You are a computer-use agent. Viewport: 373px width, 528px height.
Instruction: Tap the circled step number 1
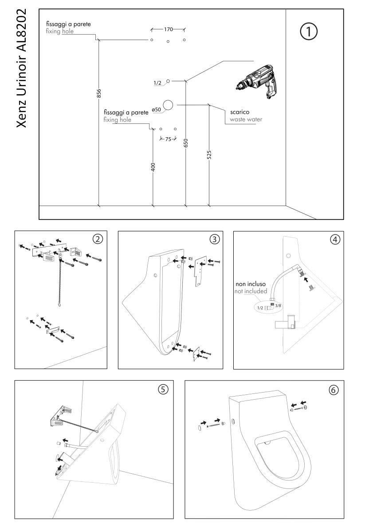[309, 32]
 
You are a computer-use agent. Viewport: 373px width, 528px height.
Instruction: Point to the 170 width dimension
[168, 30]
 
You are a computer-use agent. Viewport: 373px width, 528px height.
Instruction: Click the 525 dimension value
[209, 154]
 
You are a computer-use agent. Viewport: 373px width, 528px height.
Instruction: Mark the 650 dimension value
[186, 143]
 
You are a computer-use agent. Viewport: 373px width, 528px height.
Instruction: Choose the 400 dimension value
[153, 167]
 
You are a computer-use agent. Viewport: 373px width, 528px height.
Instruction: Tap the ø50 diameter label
[156, 109]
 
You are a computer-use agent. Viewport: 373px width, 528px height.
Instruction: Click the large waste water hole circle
[168, 105]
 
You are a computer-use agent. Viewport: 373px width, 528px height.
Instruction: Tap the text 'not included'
[251, 291]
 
